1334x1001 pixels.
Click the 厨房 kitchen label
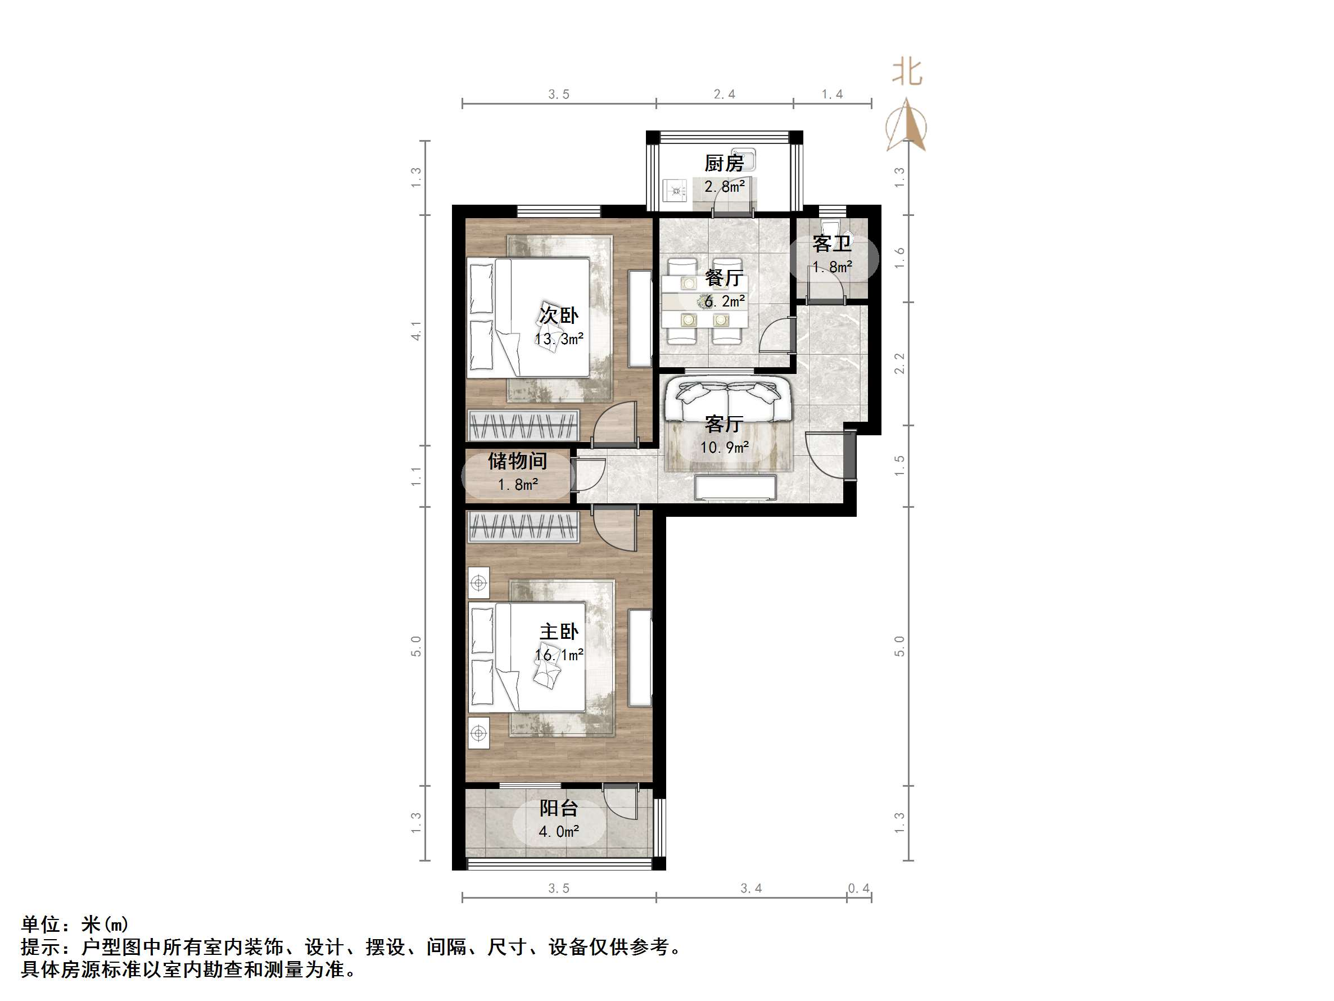click(x=723, y=163)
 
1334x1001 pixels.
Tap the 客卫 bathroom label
click(x=831, y=244)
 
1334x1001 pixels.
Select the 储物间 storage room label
click(x=517, y=461)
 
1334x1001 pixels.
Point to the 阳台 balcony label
click(x=558, y=808)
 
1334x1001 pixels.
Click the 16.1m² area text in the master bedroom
click(x=558, y=655)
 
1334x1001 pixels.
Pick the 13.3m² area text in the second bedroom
click(x=558, y=339)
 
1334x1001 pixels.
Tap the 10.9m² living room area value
click(x=724, y=447)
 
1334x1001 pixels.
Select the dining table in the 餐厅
click(x=703, y=300)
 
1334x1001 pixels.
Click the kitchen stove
click(x=675, y=191)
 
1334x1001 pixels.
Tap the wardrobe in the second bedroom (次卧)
click(x=523, y=425)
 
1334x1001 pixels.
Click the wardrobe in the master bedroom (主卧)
click(x=523, y=527)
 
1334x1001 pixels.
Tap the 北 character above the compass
click(x=907, y=72)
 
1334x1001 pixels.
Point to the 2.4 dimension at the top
click(x=724, y=94)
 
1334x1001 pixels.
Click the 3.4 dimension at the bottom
click(x=751, y=888)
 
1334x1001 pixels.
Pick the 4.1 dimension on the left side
click(x=416, y=330)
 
